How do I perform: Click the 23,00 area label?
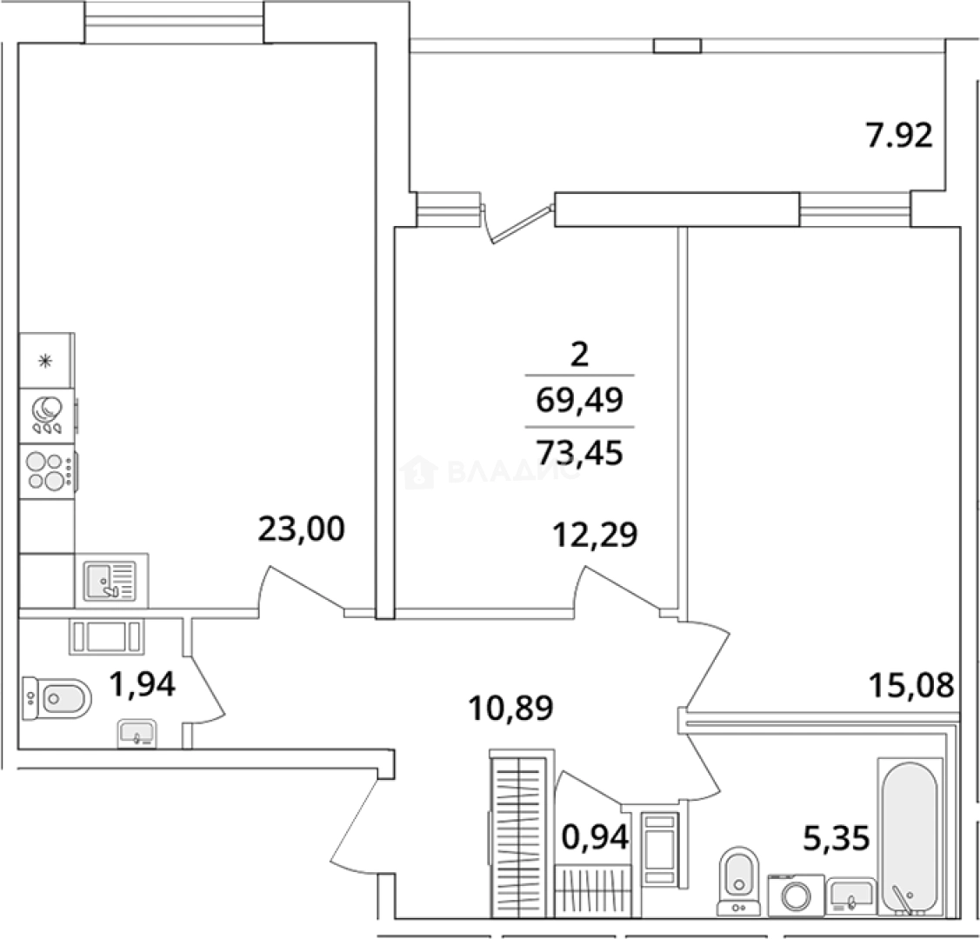point(301,529)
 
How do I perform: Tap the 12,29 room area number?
point(595,535)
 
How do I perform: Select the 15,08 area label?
point(912,685)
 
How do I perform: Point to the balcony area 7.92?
point(899,135)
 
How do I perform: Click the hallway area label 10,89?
point(510,709)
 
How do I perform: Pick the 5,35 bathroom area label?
point(837,838)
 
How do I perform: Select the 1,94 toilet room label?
point(143,683)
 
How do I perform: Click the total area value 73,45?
point(580,452)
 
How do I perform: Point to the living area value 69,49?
point(580,400)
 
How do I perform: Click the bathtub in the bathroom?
point(910,837)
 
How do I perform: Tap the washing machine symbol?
point(796,896)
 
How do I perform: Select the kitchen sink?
point(110,581)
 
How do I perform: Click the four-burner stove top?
point(48,471)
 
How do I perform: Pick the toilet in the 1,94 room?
point(57,698)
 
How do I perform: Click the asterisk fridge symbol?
point(45,361)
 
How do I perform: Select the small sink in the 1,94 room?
point(137,734)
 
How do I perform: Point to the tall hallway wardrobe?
point(519,837)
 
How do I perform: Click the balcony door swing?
point(517,221)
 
